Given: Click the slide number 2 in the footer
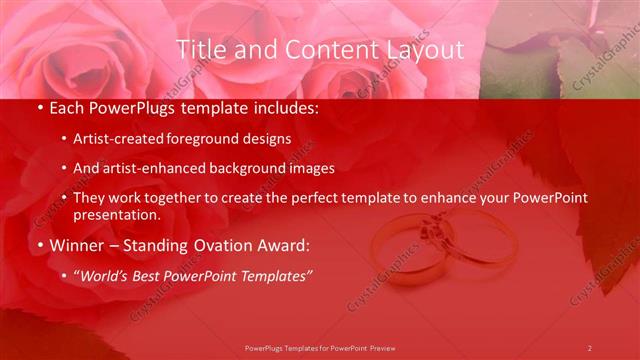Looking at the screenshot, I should coord(589,348).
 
